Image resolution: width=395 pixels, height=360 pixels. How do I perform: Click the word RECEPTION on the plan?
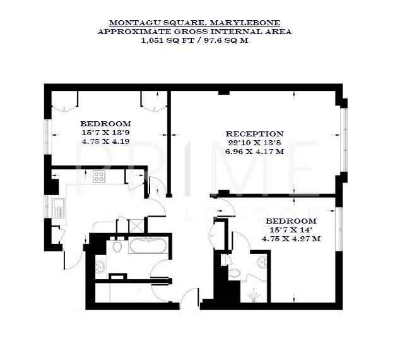[254, 134]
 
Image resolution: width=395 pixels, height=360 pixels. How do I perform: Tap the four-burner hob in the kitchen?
[99, 177]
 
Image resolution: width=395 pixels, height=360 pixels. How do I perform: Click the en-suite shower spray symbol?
[253, 296]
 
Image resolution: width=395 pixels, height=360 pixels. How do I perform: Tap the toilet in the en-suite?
[235, 273]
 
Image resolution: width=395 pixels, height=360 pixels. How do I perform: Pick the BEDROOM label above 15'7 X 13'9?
[105, 124]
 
